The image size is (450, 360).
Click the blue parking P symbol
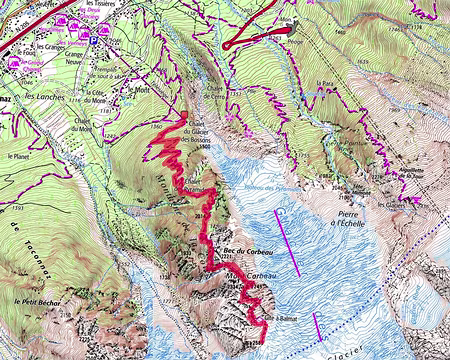(93, 42)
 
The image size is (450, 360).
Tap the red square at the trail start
(183, 117)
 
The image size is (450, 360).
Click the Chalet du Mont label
(87, 124)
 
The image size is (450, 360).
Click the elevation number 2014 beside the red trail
(198, 214)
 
